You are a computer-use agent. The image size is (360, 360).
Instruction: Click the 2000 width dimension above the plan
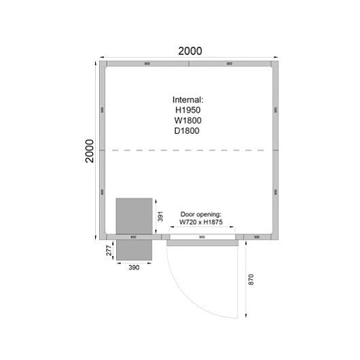point(190,51)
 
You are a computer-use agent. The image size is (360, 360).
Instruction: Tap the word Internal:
point(188,99)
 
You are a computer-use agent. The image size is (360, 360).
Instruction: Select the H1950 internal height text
point(188,109)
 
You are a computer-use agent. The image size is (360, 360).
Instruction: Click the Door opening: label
point(201,214)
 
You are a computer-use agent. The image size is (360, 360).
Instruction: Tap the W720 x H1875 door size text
point(202,222)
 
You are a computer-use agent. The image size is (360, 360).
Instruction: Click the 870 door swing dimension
point(250,278)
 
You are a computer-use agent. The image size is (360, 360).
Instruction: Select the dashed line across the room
point(190,149)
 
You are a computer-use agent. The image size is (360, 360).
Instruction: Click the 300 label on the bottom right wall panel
point(257,237)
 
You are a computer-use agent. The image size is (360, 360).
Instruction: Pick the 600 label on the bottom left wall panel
point(133,237)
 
